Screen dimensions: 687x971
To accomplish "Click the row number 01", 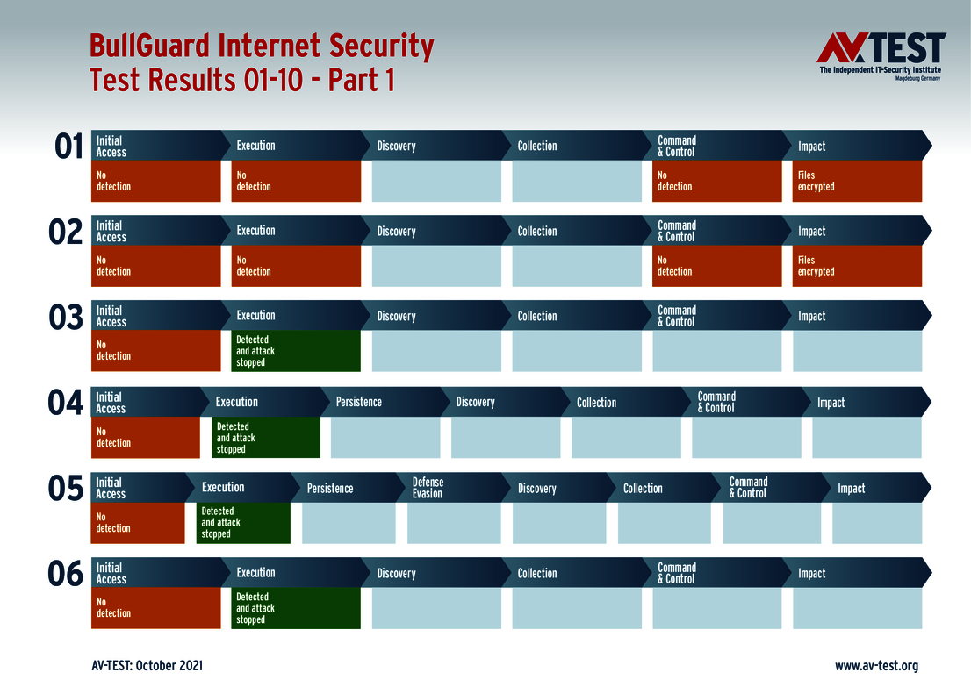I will [x=68, y=147].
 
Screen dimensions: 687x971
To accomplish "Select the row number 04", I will [x=65, y=403].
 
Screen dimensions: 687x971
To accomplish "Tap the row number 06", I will [x=66, y=574].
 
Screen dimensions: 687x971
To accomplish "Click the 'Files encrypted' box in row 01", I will [x=857, y=181].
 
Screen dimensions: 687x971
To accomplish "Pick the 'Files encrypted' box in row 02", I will [x=857, y=266].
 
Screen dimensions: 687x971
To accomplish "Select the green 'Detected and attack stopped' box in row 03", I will [x=296, y=351].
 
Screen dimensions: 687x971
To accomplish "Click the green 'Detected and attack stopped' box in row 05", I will [x=243, y=523].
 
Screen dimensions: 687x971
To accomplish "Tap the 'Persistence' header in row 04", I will [x=359, y=402].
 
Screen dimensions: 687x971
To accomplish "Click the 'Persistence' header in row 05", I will [x=330, y=488].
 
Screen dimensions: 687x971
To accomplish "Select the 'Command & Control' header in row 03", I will [x=677, y=316].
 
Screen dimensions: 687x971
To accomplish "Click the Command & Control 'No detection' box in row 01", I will [x=716, y=181].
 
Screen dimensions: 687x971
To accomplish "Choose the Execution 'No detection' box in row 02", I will [x=296, y=266].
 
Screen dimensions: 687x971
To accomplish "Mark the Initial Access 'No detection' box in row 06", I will [x=155, y=608].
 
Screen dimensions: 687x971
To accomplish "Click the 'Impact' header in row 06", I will [x=812, y=574].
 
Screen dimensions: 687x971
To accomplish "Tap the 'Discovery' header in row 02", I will [x=397, y=232].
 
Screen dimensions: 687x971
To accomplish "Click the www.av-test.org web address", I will [x=876, y=666].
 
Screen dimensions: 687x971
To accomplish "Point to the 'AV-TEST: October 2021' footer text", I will [x=147, y=666].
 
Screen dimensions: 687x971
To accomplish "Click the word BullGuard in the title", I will [x=150, y=47].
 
